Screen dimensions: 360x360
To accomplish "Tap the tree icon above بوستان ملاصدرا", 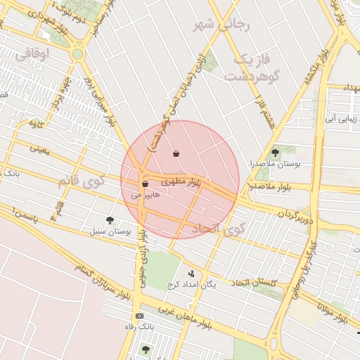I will [x=274, y=153].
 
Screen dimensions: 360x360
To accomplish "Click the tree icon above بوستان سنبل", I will [x=109, y=220].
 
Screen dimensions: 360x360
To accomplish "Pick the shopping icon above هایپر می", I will [x=146, y=184].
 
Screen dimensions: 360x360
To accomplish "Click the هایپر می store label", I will [x=146, y=195].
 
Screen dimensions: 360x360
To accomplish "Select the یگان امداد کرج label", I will [x=191, y=284].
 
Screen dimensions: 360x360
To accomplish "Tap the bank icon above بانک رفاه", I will [x=139, y=316].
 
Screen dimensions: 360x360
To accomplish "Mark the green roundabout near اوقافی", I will [x=77, y=53].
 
